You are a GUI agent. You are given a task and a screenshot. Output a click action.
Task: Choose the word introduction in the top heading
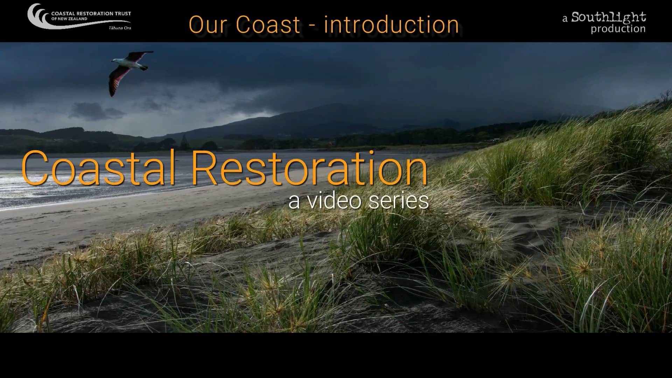click(391, 24)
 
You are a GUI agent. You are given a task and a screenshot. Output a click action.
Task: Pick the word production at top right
click(618, 29)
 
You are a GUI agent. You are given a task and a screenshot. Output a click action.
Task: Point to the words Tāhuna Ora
click(120, 28)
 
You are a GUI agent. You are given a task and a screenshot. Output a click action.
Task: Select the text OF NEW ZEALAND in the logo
click(69, 19)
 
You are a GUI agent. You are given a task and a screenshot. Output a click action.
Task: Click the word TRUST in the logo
click(123, 14)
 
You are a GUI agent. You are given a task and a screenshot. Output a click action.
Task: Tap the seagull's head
click(114, 61)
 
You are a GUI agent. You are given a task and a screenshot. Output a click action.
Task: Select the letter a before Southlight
click(565, 19)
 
